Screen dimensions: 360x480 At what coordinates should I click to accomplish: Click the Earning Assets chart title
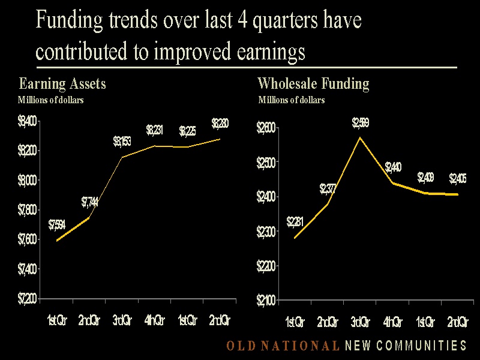(62, 83)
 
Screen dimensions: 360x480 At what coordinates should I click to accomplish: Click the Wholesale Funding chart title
(313, 83)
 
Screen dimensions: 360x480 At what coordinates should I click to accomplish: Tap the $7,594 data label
(57, 226)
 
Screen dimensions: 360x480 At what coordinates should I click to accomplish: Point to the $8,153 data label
(122, 142)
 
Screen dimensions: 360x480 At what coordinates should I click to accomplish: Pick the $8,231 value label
(155, 130)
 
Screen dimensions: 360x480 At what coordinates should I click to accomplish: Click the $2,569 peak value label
(360, 124)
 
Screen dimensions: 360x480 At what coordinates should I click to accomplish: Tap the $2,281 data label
(295, 222)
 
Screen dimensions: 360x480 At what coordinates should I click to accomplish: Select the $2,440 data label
(393, 167)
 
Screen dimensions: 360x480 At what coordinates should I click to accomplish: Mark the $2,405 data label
(458, 179)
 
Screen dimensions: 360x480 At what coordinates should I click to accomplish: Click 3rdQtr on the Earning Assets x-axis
(122, 320)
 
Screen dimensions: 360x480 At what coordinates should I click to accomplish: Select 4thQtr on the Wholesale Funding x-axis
(393, 323)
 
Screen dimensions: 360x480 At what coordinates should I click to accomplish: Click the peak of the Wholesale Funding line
(360, 137)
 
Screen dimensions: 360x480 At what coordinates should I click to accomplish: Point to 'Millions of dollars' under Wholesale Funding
(292, 100)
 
